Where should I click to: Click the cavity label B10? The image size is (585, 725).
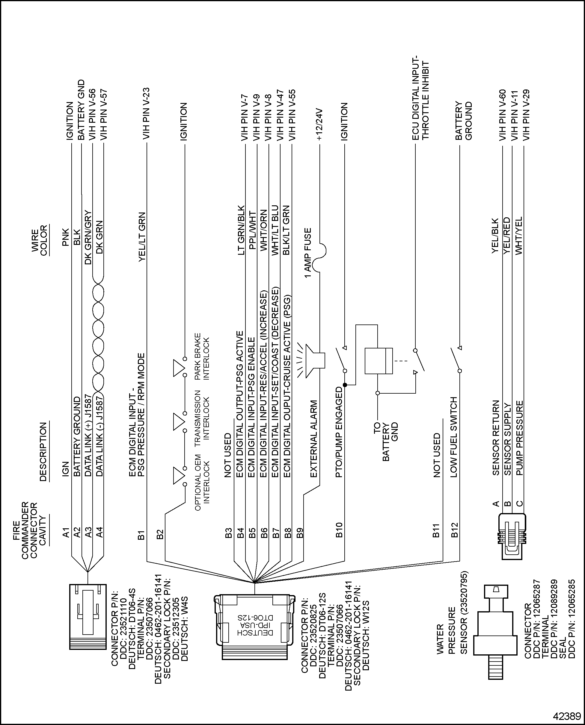point(339,530)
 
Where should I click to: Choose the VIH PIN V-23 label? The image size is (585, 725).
point(146,114)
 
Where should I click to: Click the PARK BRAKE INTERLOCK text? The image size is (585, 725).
point(202,357)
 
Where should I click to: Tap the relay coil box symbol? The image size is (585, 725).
point(379,361)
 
